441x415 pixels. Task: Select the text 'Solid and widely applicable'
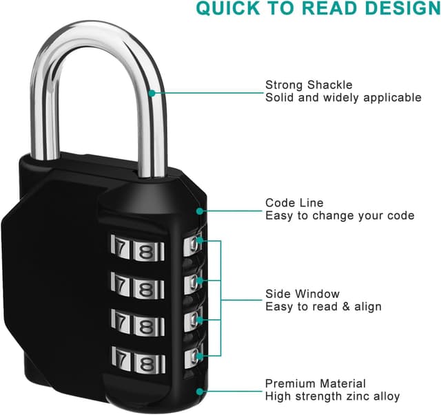(343, 98)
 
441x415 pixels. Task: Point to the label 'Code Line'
(294, 203)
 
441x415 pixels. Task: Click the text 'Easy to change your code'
(340, 215)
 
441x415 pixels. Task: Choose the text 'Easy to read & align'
(323, 306)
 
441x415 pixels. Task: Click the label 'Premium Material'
(316, 383)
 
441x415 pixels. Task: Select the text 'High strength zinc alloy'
(332, 396)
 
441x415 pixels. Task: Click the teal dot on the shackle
(151, 92)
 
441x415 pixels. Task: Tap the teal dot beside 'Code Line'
(200, 210)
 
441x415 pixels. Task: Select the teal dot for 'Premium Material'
(200, 390)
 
